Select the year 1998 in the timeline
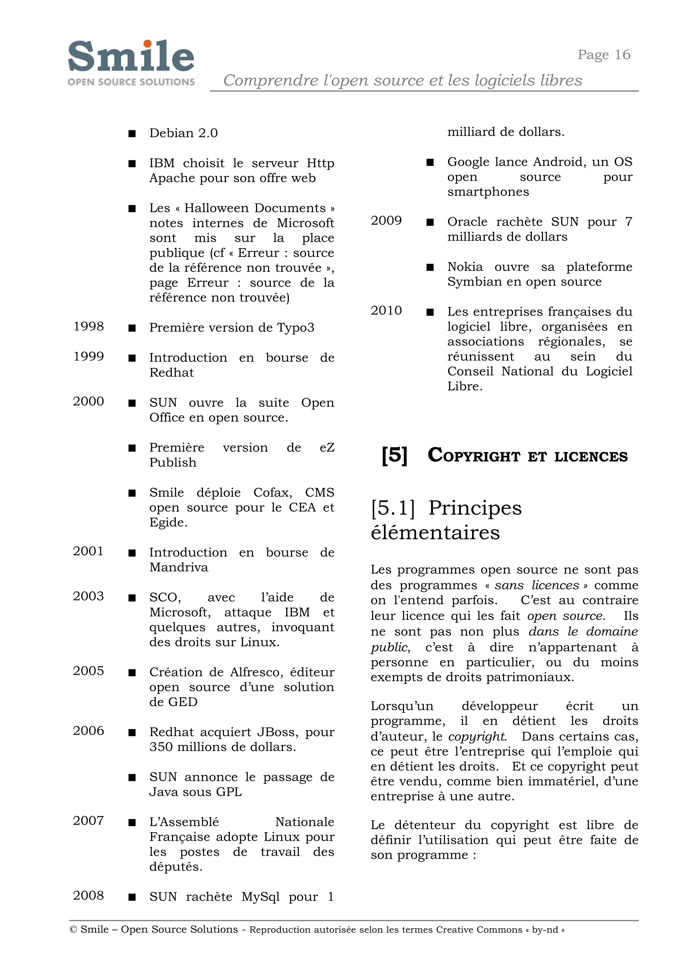tap(89, 326)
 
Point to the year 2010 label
tap(386, 310)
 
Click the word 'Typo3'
tap(295, 328)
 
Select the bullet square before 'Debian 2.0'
tap(132, 134)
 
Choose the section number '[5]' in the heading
tap(394, 455)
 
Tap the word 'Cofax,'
tap(273, 493)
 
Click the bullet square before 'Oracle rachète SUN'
tap(430, 222)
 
